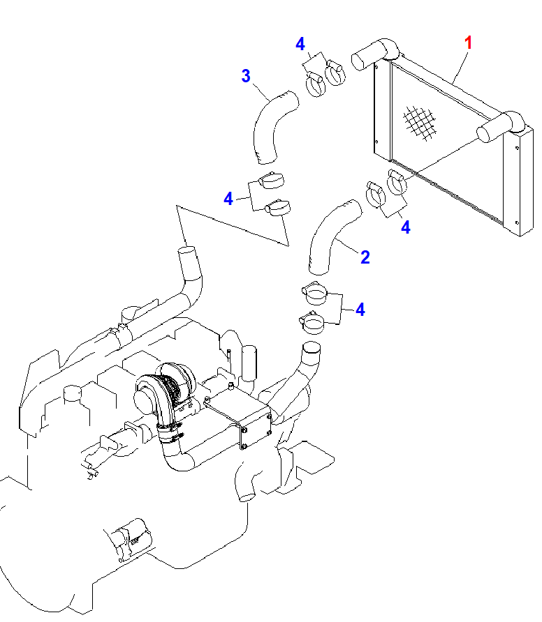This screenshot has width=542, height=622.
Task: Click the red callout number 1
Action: [469, 43]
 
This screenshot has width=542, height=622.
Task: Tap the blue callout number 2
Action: [365, 257]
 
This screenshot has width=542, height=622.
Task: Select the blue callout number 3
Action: [245, 75]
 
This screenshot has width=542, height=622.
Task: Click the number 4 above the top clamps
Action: [300, 45]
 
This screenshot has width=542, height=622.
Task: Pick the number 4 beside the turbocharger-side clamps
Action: [360, 309]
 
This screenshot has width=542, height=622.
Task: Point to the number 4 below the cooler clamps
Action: [405, 227]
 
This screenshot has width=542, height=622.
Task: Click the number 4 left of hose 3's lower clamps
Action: [228, 199]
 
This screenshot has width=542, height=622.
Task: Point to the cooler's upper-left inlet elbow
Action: [374, 53]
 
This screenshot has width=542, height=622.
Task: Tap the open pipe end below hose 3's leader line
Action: [188, 252]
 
